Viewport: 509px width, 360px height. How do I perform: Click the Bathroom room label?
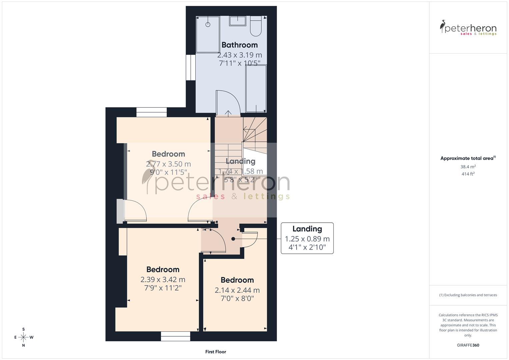click(239, 45)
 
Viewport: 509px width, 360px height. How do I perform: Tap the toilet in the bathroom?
click(256, 27)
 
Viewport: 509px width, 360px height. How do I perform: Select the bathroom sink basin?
click(238, 21)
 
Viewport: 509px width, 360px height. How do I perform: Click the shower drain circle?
click(208, 24)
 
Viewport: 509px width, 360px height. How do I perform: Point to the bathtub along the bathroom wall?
click(256, 89)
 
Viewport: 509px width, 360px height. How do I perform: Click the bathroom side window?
click(191, 67)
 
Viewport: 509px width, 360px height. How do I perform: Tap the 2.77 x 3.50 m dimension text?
click(168, 164)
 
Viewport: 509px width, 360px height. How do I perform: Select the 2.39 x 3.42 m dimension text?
click(163, 280)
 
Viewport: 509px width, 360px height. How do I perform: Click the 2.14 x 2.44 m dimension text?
click(237, 290)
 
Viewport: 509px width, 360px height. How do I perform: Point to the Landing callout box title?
click(307, 229)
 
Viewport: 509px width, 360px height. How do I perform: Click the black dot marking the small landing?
click(233, 239)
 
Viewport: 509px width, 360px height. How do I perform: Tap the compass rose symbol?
click(23, 337)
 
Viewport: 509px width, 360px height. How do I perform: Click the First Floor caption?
click(216, 352)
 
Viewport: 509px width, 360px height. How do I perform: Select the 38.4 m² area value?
click(468, 167)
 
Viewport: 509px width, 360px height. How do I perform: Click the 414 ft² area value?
click(468, 174)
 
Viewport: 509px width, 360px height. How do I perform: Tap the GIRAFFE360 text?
click(468, 345)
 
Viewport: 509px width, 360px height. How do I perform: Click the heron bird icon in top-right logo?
click(443, 26)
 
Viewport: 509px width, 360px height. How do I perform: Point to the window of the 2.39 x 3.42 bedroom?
click(175, 336)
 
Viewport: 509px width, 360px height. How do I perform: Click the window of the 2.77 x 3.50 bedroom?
click(152, 112)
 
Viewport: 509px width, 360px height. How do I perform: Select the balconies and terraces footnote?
click(468, 295)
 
